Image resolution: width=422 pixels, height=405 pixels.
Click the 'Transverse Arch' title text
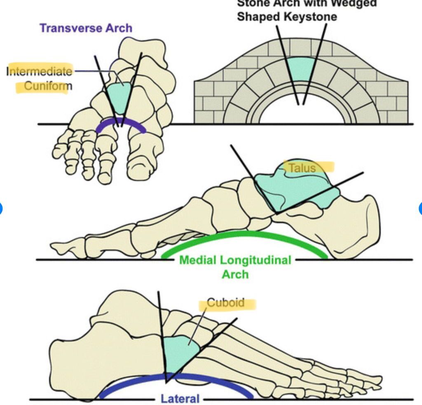(x=86, y=28)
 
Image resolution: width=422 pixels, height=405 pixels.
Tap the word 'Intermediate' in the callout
(x=40, y=71)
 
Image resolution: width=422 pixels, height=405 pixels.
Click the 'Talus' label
(x=302, y=168)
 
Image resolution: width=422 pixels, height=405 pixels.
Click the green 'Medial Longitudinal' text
(x=235, y=260)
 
